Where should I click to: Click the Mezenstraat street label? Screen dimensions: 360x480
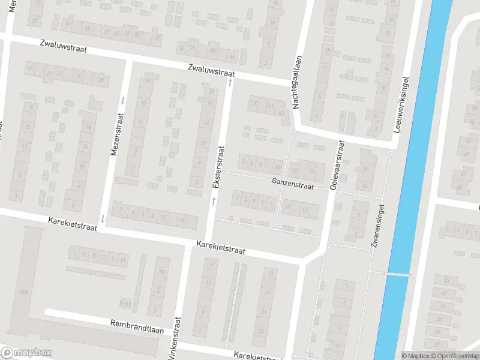(113, 136)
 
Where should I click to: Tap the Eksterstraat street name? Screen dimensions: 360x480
(220, 169)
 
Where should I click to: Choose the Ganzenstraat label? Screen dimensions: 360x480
(292, 184)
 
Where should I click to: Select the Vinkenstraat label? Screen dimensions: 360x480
(175, 340)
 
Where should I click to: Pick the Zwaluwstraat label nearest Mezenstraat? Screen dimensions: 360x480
(64, 47)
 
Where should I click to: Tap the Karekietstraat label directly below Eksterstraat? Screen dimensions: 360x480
(221, 248)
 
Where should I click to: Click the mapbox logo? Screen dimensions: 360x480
(26, 353)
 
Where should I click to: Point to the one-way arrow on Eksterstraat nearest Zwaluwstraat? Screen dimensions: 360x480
(229, 82)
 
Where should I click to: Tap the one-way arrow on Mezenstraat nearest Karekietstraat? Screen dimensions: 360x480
(103, 220)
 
